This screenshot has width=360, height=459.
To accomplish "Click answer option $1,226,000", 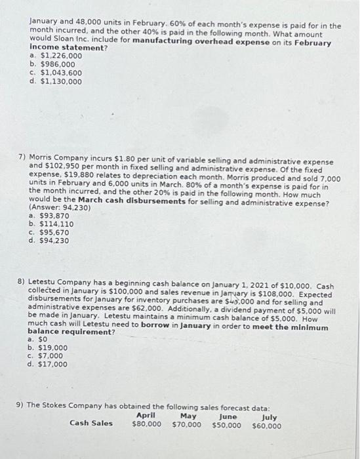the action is click(60, 57).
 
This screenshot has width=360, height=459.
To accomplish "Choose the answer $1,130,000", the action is click(60, 82).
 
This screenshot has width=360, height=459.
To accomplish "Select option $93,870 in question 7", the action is click(56, 216).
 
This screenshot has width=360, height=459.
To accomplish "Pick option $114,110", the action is click(58, 224).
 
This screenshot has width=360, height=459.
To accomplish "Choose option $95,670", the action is click(56, 232).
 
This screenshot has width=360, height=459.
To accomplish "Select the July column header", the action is click(269, 416).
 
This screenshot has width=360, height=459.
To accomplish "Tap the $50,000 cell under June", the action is click(226, 425).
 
